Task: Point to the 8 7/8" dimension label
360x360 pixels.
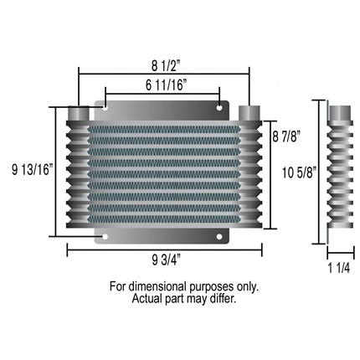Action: coord(285,134)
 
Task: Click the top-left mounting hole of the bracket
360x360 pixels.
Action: coord(105,106)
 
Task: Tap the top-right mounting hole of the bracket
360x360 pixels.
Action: coord(220,106)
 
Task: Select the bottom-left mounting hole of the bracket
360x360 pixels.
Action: coord(105,237)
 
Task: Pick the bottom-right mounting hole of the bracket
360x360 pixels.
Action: coord(220,237)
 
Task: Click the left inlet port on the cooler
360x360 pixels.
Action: coord(78,113)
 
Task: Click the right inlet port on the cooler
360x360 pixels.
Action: coord(249,113)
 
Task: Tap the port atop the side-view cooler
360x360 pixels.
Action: coord(339,112)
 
